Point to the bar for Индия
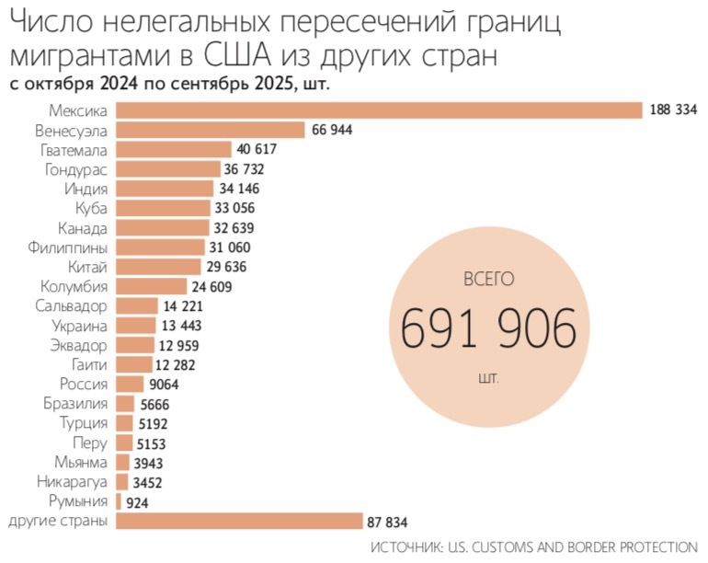click(x=165, y=189)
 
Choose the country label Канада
click(x=83, y=227)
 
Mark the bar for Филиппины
click(x=160, y=247)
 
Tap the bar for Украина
click(x=136, y=326)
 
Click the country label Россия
click(x=84, y=385)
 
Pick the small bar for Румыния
click(x=118, y=501)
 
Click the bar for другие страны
click(x=238, y=522)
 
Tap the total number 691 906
click(x=488, y=328)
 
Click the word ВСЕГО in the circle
click(x=487, y=277)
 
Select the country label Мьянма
click(x=81, y=463)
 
